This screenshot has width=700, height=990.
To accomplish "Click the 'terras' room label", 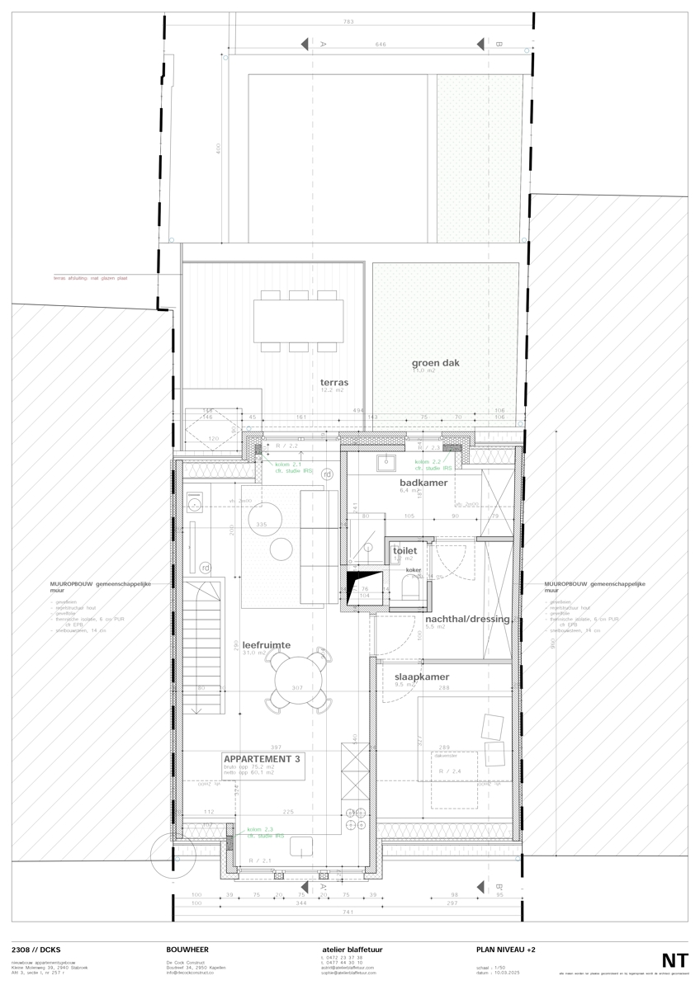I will coord(334,383).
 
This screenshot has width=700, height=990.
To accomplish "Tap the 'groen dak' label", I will coord(436,363).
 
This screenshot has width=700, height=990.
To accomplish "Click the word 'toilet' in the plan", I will coord(404,549).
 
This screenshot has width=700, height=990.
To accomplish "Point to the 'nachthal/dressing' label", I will coord(467,619).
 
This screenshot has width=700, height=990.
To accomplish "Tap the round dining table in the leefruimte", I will coord(299,677).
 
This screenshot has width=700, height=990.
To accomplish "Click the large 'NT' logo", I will coord(674,960).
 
